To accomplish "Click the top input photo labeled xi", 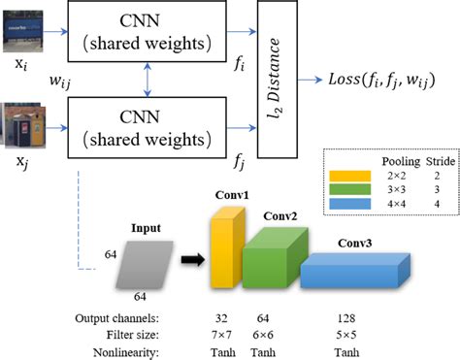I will tap(22, 30).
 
